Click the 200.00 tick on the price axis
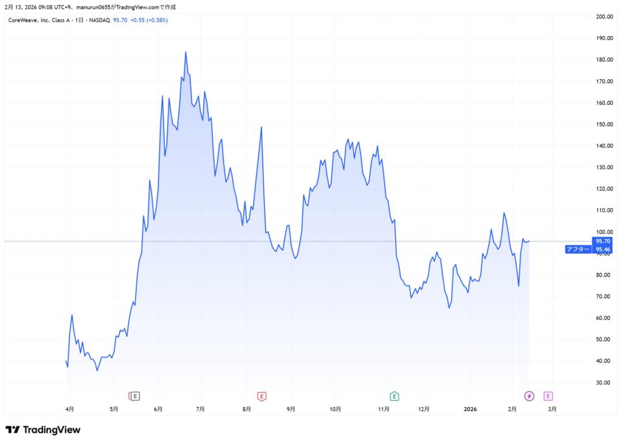click(605, 16)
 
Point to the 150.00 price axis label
click(605, 124)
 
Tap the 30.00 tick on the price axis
click(605, 382)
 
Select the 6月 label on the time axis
click(157, 410)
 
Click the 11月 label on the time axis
click(384, 410)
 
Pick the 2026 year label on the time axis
click(470, 410)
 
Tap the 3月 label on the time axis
click(552, 410)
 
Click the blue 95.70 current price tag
click(604, 241)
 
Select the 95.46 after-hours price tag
click(604, 250)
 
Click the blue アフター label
click(578, 250)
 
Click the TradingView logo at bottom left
click(43, 430)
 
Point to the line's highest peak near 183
click(186, 52)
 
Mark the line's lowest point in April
click(97, 370)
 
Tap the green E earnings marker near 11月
click(394, 396)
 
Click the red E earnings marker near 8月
click(261, 396)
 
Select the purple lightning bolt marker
click(529, 396)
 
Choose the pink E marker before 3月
click(548, 396)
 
